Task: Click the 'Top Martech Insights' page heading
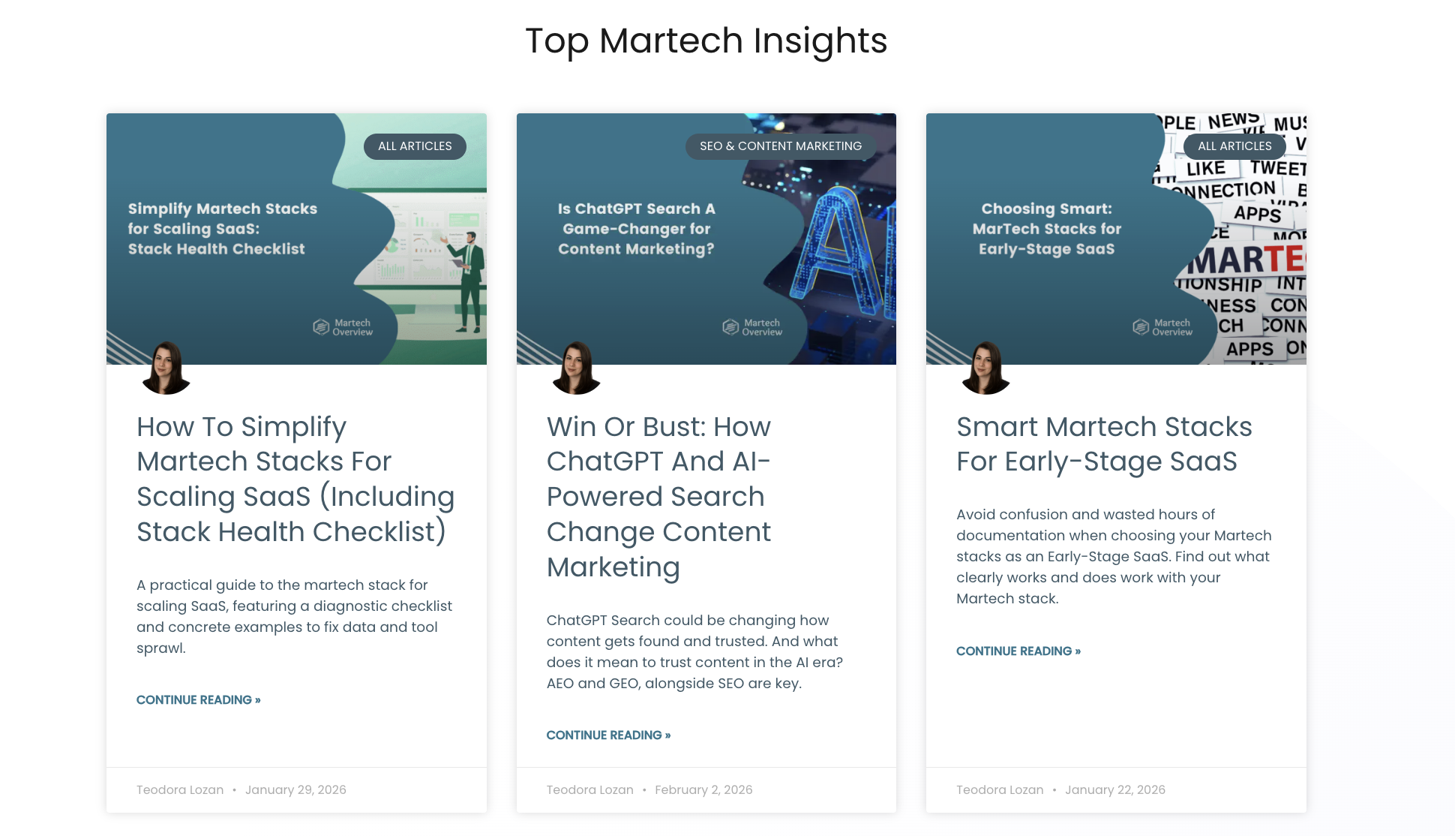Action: pyautogui.click(x=706, y=41)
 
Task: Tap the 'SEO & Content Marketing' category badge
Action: pyautogui.click(x=780, y=146)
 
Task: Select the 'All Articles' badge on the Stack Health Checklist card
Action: pyautogui.click(x=415, y=146)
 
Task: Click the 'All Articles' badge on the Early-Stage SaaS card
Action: pyautogui.click(x=1234, y=146)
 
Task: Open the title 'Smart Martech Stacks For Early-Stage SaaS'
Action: pyautogui.click(x=1104, y=444)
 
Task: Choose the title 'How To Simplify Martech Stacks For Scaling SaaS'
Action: pyautogui.click(x=295, y=479)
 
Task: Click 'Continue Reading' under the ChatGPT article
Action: pyautogui.click(x=608, y=735)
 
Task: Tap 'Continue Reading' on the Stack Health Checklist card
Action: pyautogui.click(x=198, y=700)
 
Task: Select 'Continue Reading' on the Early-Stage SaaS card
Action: pyautogui.click(x=1018, y=651)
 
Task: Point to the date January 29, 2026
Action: pyautogui.click(x=295, y=789)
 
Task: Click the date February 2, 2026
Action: pyautogui.click(x=703, y=789)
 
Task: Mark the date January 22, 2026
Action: pyautogui.click(x=1114, y=789)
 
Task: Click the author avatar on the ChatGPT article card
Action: pyautogui.click(x=576, y=368)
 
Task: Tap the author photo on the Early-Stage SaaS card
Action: pyautogui.click(x=985, y=368)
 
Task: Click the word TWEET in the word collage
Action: pyautogui.click(x=1278, y=168)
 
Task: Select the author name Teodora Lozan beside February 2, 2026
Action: pyautogui.click(x=589, y=789)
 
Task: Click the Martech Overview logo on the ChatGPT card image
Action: pyautogui.click(x=752, y=327)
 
